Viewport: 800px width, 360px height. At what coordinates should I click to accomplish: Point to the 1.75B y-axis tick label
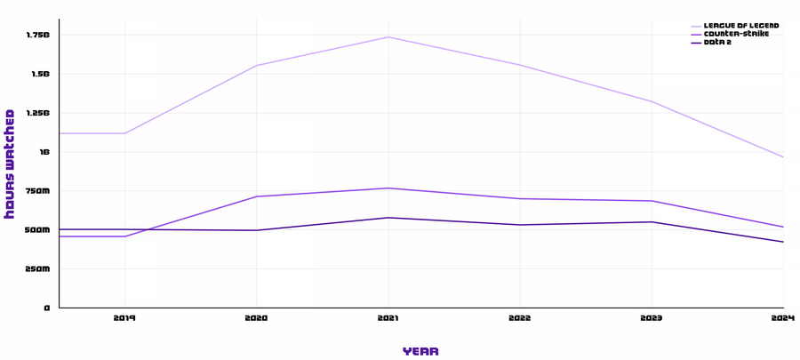coord(38,35)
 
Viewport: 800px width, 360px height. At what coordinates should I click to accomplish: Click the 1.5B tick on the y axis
coord(41,74)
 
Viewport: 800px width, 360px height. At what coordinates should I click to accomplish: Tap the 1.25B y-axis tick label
coord(38,113)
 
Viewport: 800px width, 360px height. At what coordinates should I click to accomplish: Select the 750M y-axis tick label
coord(38,191)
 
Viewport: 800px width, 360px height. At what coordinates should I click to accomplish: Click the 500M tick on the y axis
coord(38,230)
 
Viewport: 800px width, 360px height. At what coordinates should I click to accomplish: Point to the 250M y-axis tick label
coord(38,269)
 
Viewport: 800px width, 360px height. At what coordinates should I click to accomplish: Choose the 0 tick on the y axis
coord(48,308)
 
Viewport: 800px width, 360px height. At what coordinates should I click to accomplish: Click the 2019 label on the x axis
coord(124,317)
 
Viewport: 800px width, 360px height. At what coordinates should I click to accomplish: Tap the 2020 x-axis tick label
coord(256,317)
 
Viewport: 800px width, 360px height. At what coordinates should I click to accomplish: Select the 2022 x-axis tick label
coord(520,317)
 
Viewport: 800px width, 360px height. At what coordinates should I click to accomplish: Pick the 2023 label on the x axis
coord(652,317)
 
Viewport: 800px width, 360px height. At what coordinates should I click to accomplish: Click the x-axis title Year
coord(420,351)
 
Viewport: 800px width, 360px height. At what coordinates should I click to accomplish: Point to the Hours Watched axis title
coord(10,164)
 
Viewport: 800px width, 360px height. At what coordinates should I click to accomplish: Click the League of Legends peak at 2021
coord(388,37)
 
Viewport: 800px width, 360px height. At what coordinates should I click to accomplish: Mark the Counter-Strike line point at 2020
coord(256,196)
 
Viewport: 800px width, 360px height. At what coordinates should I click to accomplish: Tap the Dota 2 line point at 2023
coord(652,222)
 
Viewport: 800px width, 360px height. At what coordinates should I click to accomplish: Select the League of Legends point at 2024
coord(783,157)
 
